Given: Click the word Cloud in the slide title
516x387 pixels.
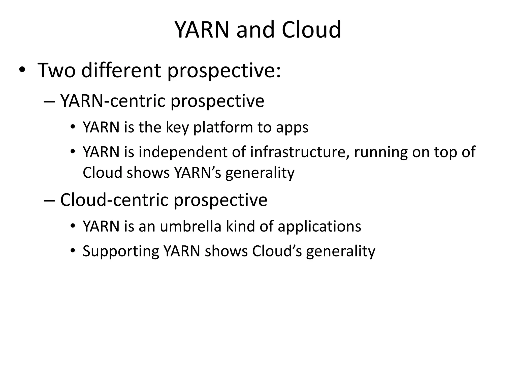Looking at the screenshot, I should click(311, 30).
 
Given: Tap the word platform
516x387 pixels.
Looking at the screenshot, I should click(223, 127).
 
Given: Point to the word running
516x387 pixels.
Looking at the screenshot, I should click(381, 153).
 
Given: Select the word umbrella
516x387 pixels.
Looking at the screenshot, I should click(190, 226).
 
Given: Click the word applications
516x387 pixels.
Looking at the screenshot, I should click(319, 227).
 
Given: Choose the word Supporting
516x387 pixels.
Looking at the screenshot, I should click(121, 251).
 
